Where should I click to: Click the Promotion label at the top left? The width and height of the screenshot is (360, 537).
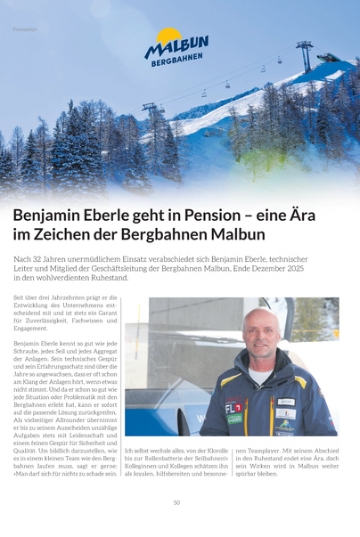pyautogui.click(x=25, y=28)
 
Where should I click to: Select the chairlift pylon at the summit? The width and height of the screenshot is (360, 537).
pyautogui.click(x=305, y=55)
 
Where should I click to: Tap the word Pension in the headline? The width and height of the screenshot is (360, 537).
pyautogui.click(x=210, y=216)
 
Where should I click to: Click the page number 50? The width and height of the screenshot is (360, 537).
pyautogui.click(x=177, y=502)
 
